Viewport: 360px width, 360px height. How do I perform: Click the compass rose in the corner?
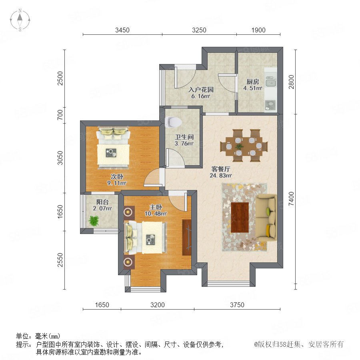(20, 20)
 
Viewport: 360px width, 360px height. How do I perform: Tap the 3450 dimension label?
(122, 30)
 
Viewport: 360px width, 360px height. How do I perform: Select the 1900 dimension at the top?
(258, 30)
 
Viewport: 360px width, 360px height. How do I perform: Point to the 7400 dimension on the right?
(291, 199)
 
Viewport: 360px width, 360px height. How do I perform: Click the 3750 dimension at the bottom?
(237, 305)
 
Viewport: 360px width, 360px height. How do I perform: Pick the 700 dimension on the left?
(60, 115)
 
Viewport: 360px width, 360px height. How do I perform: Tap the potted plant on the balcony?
(94, 220)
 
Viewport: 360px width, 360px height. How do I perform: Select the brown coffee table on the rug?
(240, 218)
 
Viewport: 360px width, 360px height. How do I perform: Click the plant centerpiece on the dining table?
(240, 146)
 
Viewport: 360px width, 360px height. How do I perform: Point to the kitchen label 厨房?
(253, 82)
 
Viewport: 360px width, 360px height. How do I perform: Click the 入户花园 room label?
(201, 90)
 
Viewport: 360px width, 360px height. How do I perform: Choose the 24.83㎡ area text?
(221, 176)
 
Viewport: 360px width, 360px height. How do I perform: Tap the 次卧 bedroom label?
(117, 176)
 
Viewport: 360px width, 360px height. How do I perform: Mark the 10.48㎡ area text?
(156, 214)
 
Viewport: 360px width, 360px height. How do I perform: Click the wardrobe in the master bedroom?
(187, 237)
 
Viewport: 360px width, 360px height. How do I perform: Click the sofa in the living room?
(266, 218)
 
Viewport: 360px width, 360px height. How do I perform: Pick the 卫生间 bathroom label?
(184, 137)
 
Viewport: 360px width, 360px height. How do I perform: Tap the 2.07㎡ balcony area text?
(102, 208)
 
